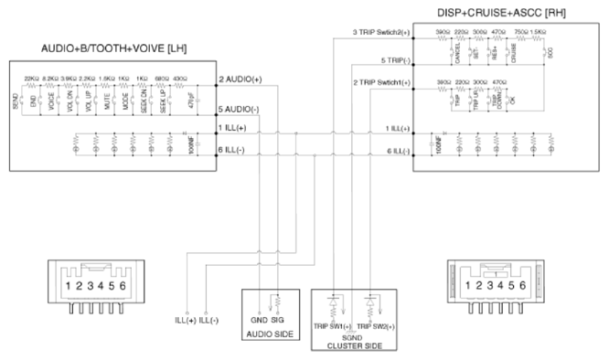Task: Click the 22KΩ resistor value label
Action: point(31,79)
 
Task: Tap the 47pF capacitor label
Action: point(190,99)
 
